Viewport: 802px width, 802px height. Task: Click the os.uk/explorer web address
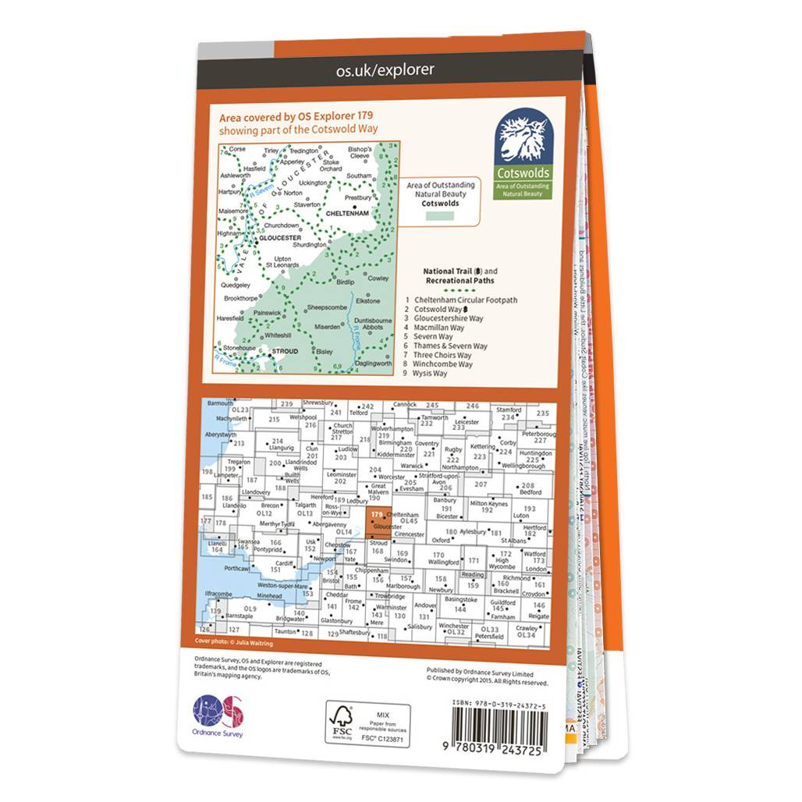pyautogui.click(x=385, y=70)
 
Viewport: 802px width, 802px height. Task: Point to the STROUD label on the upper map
pyautogui.click(x=284, y=351)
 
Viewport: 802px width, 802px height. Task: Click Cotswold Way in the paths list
pyautogui.click(x=442, y=310)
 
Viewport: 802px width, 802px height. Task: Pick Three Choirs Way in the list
pyautogui.click(x=443, y=355)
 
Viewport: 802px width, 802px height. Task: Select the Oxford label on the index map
pyautogui.click(x=441, y=539)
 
